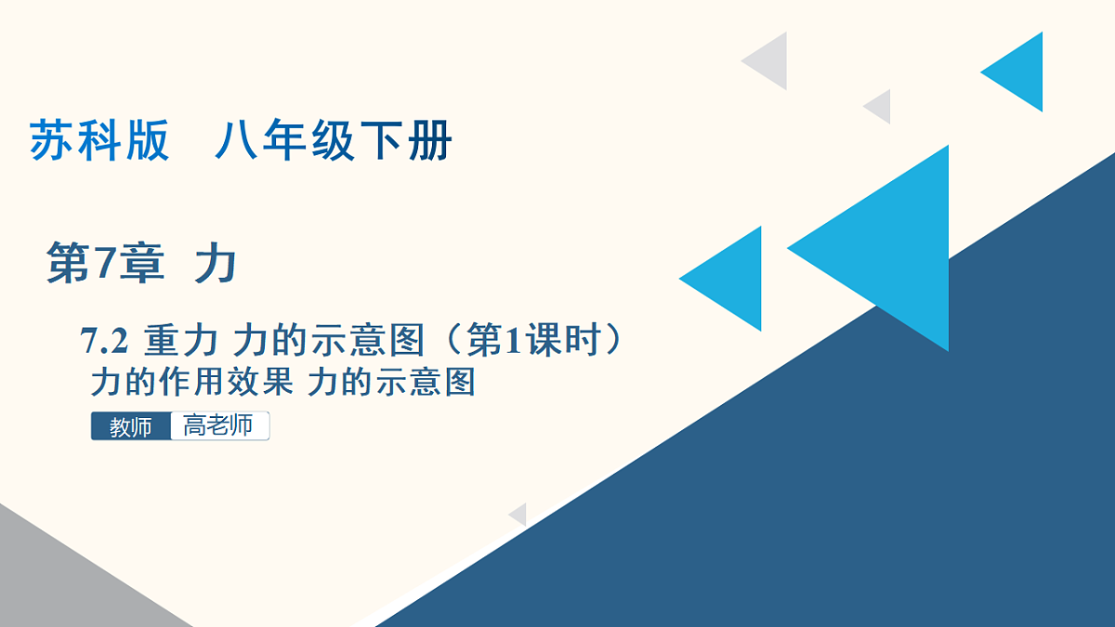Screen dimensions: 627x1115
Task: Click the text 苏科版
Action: (x=99, y=142)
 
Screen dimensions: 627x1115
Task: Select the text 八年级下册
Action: (x=333, y=142)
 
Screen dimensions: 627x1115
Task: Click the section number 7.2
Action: (x=103, y=343)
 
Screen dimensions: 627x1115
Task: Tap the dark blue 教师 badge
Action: (x=131, y=427)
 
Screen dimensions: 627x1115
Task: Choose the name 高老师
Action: (x=218, y=426)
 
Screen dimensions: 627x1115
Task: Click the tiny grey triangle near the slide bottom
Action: (x=519, y=515)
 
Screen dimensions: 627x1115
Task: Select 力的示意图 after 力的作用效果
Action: (x=391, y=382)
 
